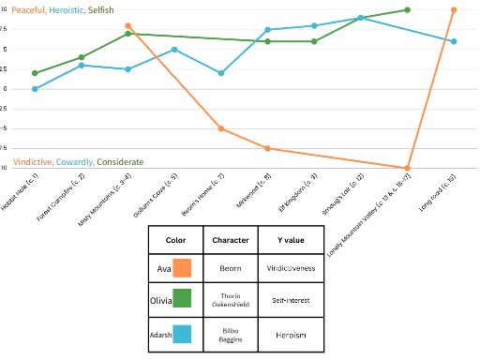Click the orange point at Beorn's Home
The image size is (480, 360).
click(221, 128)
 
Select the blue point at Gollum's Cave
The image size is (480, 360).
click(174, 49)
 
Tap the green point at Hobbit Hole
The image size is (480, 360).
click(35, 73)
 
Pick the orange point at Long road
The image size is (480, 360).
click(454, 9)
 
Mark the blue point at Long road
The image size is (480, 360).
click(454, 41)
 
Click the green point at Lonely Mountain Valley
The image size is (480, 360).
click(408, 9)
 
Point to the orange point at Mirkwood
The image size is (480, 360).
click(268, 148)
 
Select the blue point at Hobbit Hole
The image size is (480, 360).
click(35, 89)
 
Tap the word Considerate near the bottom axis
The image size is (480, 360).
click(120, 161)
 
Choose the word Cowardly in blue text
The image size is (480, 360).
click(75, 161)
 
